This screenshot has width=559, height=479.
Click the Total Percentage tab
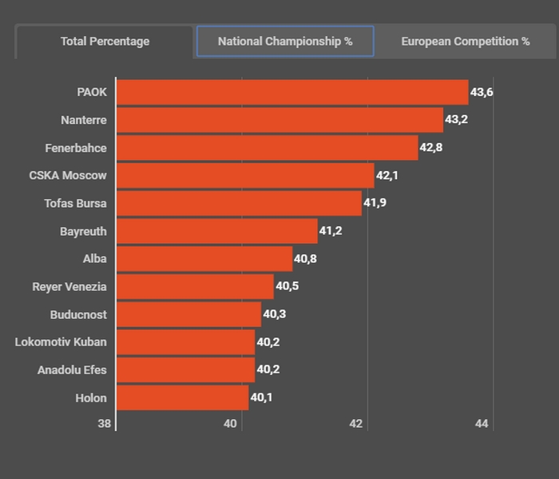coord(105,42)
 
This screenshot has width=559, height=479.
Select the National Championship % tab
coord(285,42)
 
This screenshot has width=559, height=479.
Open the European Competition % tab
coord(465,42)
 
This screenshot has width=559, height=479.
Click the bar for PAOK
coord(292,92)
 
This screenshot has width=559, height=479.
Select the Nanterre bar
coord(279,120)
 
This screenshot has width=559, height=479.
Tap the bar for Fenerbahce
coord(267,148)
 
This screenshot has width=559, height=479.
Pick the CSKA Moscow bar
coord(245,175)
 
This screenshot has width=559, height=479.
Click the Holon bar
coord(182,397)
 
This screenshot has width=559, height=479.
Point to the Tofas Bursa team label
coord(75,203)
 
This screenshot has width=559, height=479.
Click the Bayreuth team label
coord(83,231)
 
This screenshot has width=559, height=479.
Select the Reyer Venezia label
coord(69,286)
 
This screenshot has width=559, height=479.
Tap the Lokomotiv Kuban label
coord(61,342)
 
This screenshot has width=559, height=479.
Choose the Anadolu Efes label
coord(72,369)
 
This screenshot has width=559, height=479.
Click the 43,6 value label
coord(482,92)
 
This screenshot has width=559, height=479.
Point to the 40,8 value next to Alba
coord(306,259)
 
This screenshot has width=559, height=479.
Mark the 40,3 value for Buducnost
coord(274,314)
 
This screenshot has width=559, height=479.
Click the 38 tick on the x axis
coord(105,424)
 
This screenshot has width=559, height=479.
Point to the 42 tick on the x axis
coord(356,424)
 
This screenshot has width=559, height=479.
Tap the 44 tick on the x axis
coord(482,424)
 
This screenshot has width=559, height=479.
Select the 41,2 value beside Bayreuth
coord(331,231)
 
